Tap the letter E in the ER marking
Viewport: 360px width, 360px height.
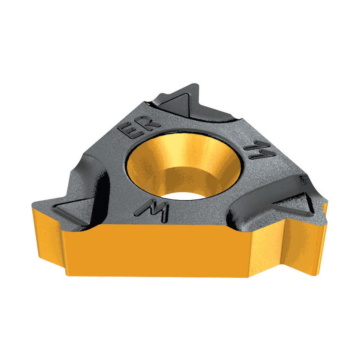click(132, 131)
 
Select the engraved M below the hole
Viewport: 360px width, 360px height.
click(153, 209)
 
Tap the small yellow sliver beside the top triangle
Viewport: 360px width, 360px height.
click(148, 102)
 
